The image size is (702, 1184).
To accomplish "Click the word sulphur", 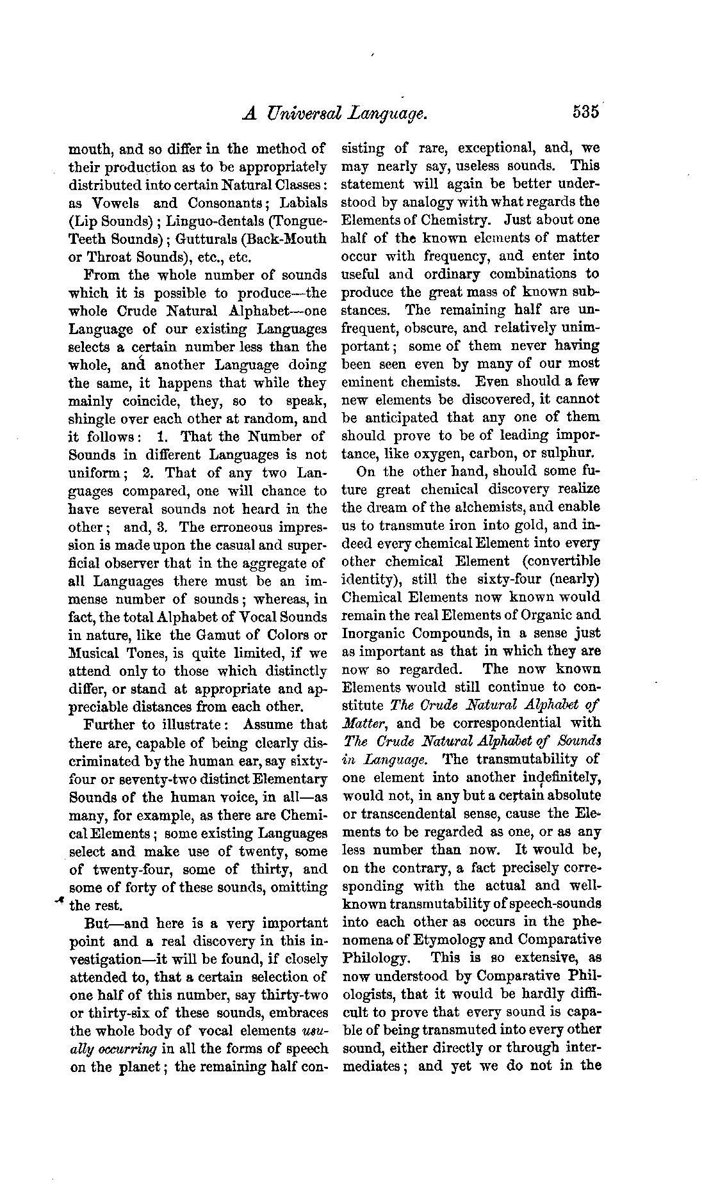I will point(567,454).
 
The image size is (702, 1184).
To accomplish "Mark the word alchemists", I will point(471,508).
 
